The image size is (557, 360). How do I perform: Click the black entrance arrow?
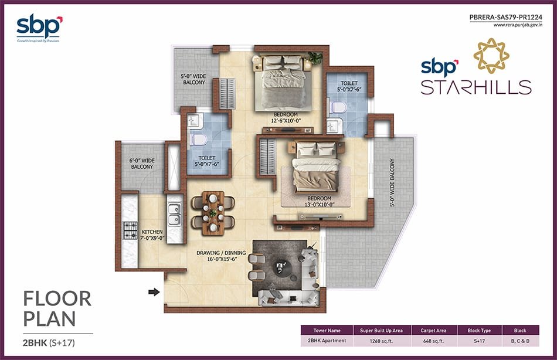coord(154,292)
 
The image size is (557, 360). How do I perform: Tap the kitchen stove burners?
coord(130,230)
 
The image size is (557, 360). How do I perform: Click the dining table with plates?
coord(213,213)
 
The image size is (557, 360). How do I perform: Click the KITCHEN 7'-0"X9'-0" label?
coord(152,235)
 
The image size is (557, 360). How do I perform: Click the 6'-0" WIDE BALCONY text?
coord(142,164)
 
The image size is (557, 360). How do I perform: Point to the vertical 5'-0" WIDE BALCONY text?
coord(392,183)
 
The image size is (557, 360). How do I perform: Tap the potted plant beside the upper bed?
coord(315,57)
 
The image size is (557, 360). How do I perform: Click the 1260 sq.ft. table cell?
coord(381,341)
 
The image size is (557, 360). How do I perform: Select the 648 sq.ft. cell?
coord(433,341)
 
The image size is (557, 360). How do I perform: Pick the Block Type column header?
coord(479,330)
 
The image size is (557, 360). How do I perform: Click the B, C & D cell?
coord(520,341)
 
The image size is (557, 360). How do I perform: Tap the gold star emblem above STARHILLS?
coord(491,56)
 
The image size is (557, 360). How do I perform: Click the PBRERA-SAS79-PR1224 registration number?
coord(506,16)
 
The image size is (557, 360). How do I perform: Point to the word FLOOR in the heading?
coord(57,299)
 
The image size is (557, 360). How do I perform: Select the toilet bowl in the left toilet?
coord(197,140)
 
